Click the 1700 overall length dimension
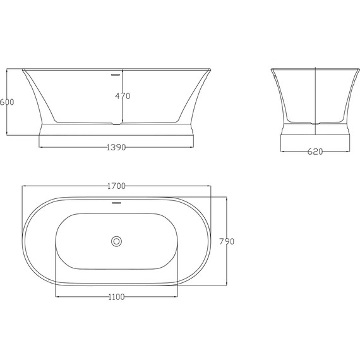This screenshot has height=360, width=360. point(116,186)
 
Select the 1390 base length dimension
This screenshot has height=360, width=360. point(116,148)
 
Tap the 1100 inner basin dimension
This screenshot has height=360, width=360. point(116,297)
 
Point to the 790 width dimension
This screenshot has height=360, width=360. point(227,241)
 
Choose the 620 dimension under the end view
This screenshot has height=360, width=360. point(315,152)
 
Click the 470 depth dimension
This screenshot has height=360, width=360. point(123,96)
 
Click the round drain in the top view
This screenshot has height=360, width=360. point(116,241)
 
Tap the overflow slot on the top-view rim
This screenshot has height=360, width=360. point(116,203)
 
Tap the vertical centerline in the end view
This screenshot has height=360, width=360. point(315,95)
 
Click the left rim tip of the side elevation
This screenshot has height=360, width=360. point(23,69)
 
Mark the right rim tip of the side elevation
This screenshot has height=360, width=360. point(210,69)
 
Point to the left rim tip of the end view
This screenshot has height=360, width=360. point(272,69)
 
